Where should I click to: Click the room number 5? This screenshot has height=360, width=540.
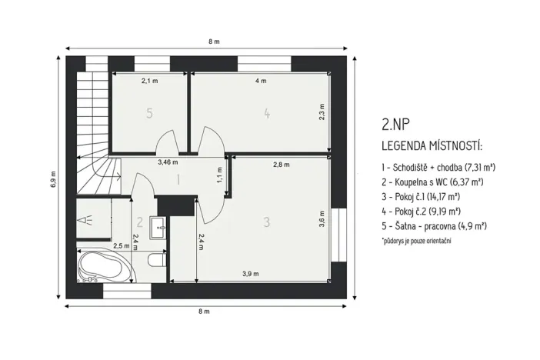[149, 113]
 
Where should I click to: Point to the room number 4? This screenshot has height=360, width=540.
[266, 113]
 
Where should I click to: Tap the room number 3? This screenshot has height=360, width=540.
[266, 222]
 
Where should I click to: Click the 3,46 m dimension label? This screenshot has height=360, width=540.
[168, 162]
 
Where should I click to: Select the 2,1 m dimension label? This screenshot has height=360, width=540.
[149, 80]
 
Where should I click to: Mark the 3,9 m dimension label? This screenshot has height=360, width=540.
[250, 274]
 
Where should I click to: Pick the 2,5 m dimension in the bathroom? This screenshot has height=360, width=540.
[122, 245]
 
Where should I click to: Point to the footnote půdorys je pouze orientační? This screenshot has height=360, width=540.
[415, 241]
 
